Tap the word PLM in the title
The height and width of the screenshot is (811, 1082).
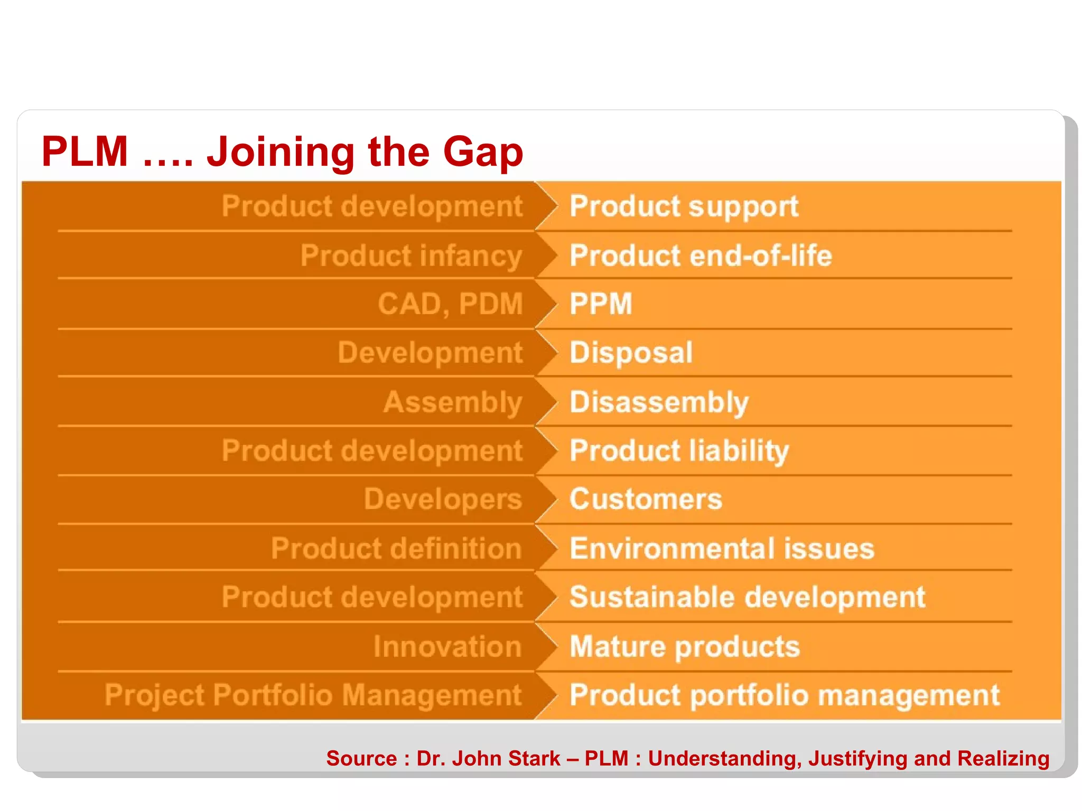pos(85,152)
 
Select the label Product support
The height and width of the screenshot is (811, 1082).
pos(684,206)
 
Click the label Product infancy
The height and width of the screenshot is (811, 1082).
pos(411,256)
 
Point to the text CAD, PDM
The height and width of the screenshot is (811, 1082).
pos(450,305)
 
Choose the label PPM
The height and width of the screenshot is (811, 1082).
pos(601,304)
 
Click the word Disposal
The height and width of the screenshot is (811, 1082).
pos(631,353)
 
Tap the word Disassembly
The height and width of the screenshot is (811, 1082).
pos(659,403)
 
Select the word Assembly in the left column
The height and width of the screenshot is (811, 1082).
pos(453,403)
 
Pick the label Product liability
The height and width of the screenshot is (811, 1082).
pos(679,451)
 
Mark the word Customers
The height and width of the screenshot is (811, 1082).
pos(646,499)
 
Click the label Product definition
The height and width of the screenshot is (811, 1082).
pos(396,549)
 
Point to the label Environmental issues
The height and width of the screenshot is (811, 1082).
pos(722,549)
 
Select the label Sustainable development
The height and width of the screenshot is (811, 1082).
pos(747,598)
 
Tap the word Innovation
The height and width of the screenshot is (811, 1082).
pos(447,647)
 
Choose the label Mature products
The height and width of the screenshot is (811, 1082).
pos(685,647)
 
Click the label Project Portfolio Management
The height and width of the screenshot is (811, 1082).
pos(313,695)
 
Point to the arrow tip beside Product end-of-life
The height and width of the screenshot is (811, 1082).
pos(556,256)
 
